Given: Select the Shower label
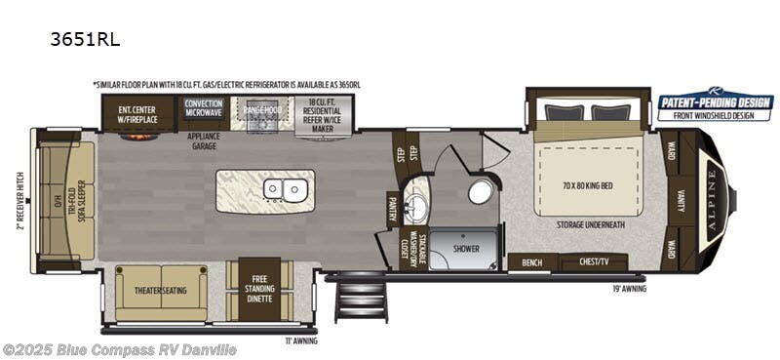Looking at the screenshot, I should (x=466, y=250).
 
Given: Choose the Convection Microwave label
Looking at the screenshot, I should (x=204, y=107).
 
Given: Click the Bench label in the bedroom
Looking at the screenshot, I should (x=532, y=262).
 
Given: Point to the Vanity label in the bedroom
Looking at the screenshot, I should (x=681, y=199).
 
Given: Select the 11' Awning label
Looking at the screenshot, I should (x=301, y=340).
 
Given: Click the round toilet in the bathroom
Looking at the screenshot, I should (x=480, y=191).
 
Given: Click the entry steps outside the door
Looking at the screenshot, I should (x=350, y=298).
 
